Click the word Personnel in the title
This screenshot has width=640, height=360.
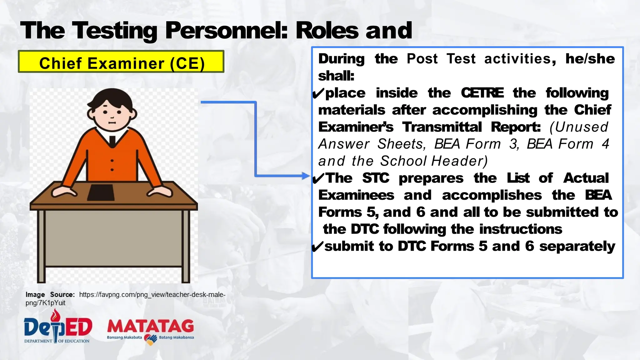click(226, 31)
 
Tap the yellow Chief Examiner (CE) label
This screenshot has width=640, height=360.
click(121, 62)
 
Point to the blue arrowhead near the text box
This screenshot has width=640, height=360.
click(306, 176)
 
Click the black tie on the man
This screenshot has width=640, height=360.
click(112, 141)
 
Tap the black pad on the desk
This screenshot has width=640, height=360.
click(101, 192)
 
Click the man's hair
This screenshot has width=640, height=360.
click(110, 97)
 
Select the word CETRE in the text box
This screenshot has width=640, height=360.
click(482, 93)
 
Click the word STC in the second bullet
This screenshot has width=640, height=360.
click(376, 178)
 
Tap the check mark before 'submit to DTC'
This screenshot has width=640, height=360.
click(317, 247)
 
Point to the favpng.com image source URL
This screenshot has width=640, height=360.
click(152, 295)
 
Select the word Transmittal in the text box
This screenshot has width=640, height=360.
click(442, 127)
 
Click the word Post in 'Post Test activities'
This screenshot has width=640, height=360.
click(422, 59)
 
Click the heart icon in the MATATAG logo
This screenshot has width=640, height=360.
click(150, 340)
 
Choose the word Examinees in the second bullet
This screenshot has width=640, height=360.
click(356, 195)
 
